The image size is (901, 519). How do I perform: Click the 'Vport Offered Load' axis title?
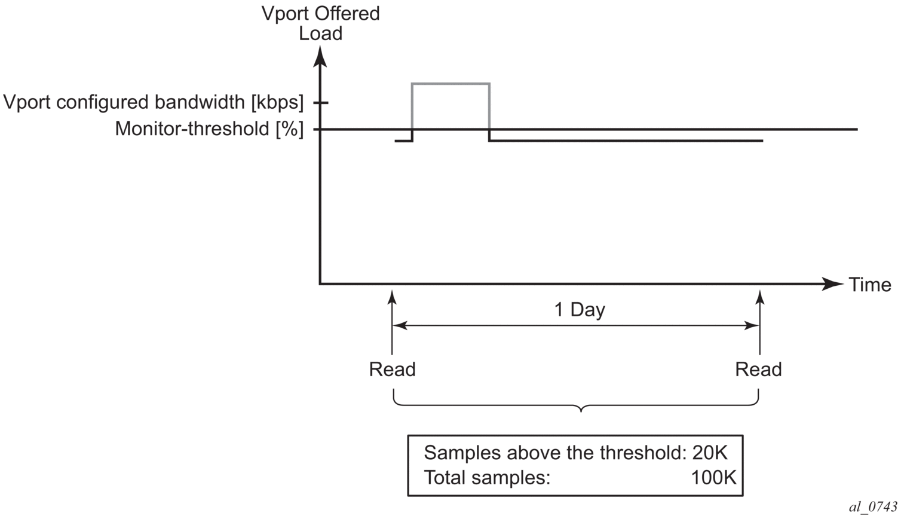(321, 23)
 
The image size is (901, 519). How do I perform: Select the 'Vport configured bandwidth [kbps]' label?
(154, 103)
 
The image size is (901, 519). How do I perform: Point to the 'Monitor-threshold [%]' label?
(209, 129)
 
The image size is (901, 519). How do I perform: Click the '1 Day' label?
(580, 310)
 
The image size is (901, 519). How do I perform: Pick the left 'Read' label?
(392, 370)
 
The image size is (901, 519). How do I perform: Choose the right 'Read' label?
(758, 370)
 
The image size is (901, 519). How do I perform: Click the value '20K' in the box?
(710, 453)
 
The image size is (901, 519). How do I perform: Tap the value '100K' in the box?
(713, 478)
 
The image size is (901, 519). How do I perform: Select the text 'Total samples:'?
(486, 478)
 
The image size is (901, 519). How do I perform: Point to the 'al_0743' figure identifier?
(872, 507)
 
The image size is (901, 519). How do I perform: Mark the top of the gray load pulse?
(450, 84)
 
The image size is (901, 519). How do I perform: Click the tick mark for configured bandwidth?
(321, 103)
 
